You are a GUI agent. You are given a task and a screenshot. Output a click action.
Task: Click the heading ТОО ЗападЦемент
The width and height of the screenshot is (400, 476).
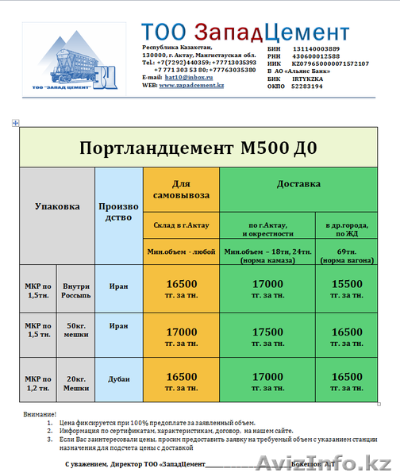pyautogui.click(x=245, y=32)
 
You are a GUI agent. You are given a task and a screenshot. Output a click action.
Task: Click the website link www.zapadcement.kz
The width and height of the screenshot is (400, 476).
pyautogui.click(x=191, y=85)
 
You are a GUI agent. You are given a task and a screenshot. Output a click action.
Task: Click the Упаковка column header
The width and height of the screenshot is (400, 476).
pyautogui.click(x=57, y=206)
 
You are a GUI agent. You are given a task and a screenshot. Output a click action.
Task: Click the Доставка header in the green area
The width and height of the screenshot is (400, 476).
pyautogui.click(x=298, y=184)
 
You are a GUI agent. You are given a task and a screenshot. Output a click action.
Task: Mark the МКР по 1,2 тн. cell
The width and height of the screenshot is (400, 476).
pyautogui.click(x=37, y=382)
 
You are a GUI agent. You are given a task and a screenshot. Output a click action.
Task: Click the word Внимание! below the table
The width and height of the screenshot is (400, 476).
pyautogui.click(x=40, y=415)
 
